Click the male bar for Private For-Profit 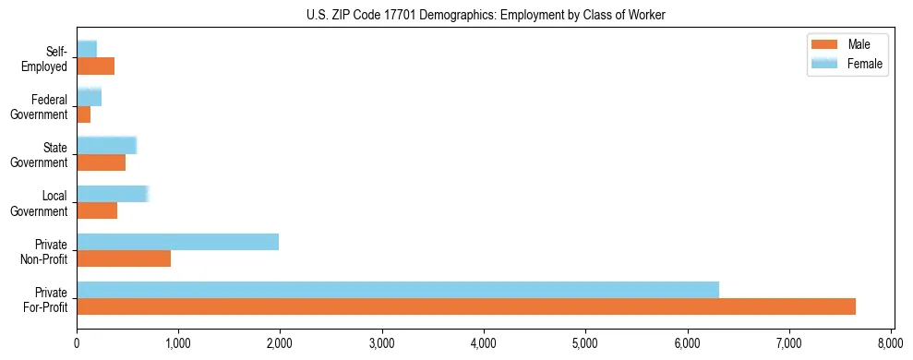click(466, 306)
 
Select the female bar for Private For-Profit click(398, 290)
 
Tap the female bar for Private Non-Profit click(177, 242)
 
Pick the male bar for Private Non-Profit click(124, 258)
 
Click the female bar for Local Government click(113, 194)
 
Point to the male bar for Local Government click(97, 210)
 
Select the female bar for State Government click(106, 145)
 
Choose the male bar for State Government click(101, 162)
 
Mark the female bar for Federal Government click(89, 97)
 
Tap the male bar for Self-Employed click(95, 66)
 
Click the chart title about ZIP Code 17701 click(485, 15)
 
